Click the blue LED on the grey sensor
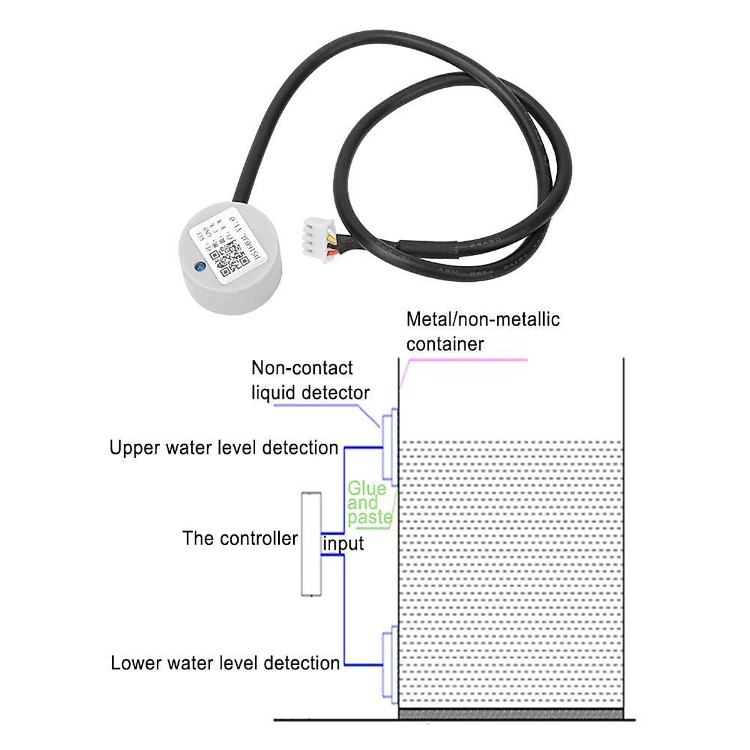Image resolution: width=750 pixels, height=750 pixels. (x=200, y=266)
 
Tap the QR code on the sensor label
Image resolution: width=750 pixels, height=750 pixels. (x=226, y=261)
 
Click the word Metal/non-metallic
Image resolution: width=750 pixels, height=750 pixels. (x=482, y=320)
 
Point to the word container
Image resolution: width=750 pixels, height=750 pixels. (x=445, y=344)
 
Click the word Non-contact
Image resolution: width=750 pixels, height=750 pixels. (x=302, y=368)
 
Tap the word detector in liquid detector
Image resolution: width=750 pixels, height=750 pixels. (x=337, y=393)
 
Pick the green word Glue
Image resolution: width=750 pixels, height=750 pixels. (x=367, y=488)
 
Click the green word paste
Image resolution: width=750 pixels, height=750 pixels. (x=370, y=518)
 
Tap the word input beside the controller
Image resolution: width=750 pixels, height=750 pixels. (x=343, y=544)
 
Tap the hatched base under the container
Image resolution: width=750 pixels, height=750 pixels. (x=511, y=714)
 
